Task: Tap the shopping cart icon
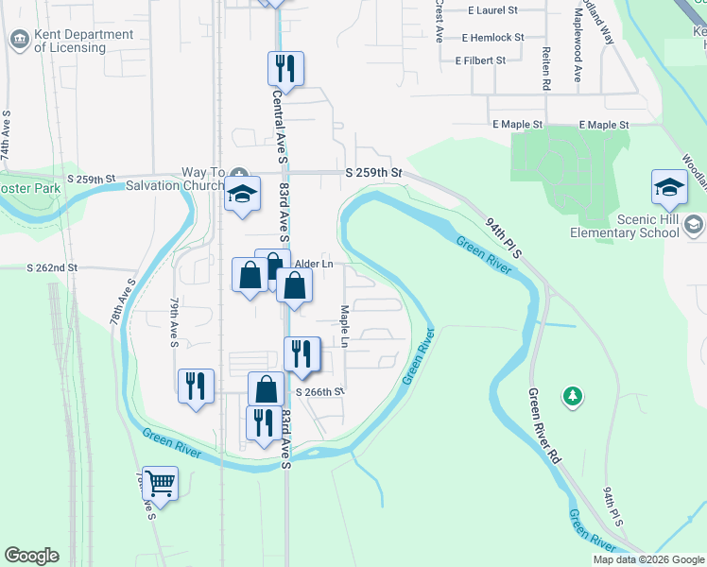click(x=161, y=485)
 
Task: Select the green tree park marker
click(x=572, y=395)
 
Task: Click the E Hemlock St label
click(x=492, y=38)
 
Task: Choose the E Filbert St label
click(x=480, y=60)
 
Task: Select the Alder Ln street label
click(x=314, y=265)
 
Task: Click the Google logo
click(x=31, y=556)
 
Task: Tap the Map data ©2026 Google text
click(x=647, y=559)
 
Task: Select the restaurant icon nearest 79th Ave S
click(x=196, y=386)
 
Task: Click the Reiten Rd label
click(x=546, y=69)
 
